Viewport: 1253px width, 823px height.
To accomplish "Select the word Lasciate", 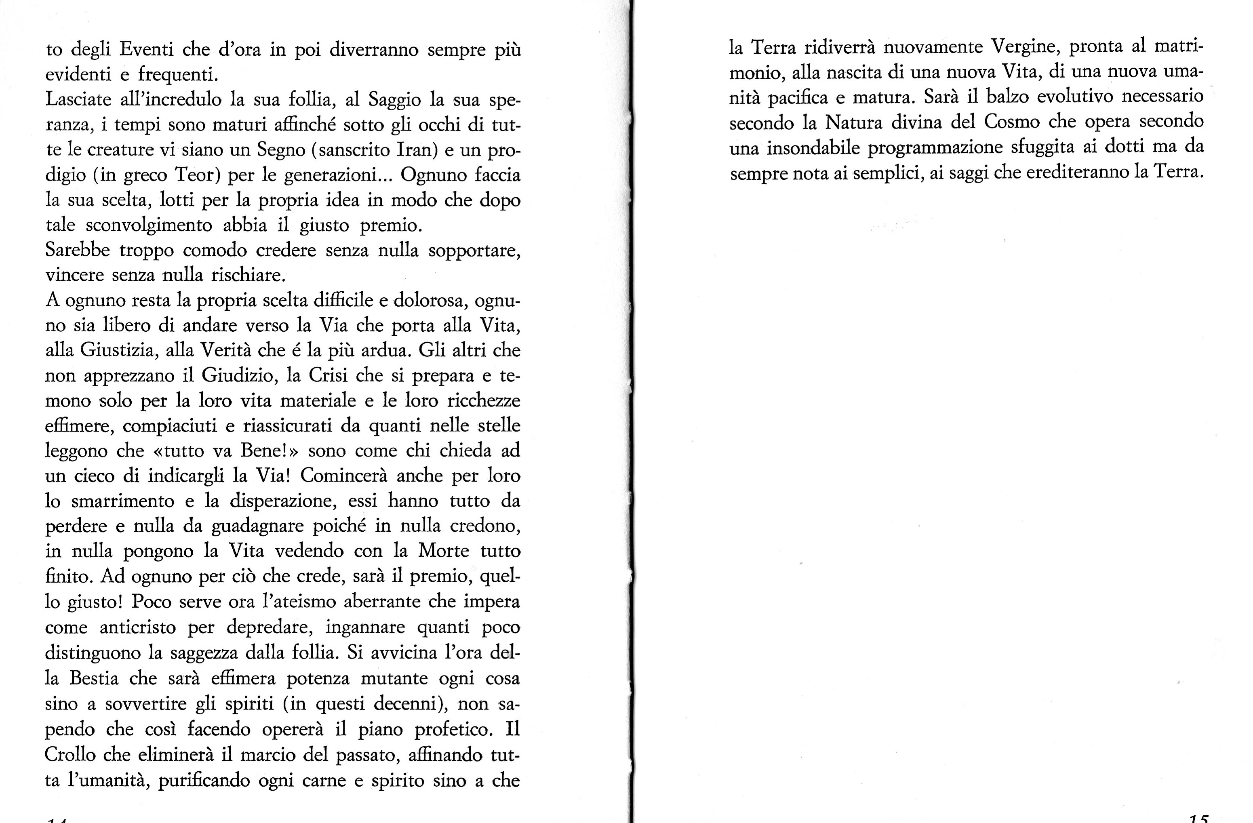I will pos(78,99).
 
